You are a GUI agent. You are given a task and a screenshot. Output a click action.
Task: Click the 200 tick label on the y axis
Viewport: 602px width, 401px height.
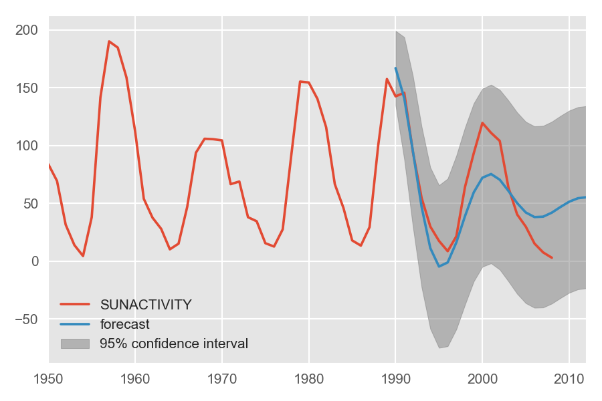click(x=29, y=30)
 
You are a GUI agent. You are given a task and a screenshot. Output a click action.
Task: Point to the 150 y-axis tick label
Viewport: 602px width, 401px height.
click(x=29, y=88)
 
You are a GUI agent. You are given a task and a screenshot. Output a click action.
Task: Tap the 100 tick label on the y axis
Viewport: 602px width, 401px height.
click(x=29, y=146)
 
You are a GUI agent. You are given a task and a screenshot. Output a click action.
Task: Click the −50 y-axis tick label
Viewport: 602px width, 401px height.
click(x=27, y=319)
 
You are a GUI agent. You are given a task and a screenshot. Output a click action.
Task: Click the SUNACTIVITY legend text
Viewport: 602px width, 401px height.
click(x=146, y=305)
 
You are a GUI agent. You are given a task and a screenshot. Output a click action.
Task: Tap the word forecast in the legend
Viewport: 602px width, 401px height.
click(x=124, y=325)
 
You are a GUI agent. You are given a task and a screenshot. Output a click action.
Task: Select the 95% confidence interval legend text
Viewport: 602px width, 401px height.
click(x=174, y=344)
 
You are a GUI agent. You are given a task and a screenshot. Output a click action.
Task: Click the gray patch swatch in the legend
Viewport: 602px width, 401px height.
click(x=75, y=344)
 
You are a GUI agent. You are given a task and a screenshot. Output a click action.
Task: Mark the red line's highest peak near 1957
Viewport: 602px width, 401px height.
click(x=109, y=41)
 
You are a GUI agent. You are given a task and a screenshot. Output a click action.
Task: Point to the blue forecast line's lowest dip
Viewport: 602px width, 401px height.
click(x=439, y=267)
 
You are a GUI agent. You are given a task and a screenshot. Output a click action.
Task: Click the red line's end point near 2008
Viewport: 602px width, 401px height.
click(x=551, y=257)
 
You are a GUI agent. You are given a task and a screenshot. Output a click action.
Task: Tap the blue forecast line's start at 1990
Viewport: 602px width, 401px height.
click(x=395, y=68)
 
